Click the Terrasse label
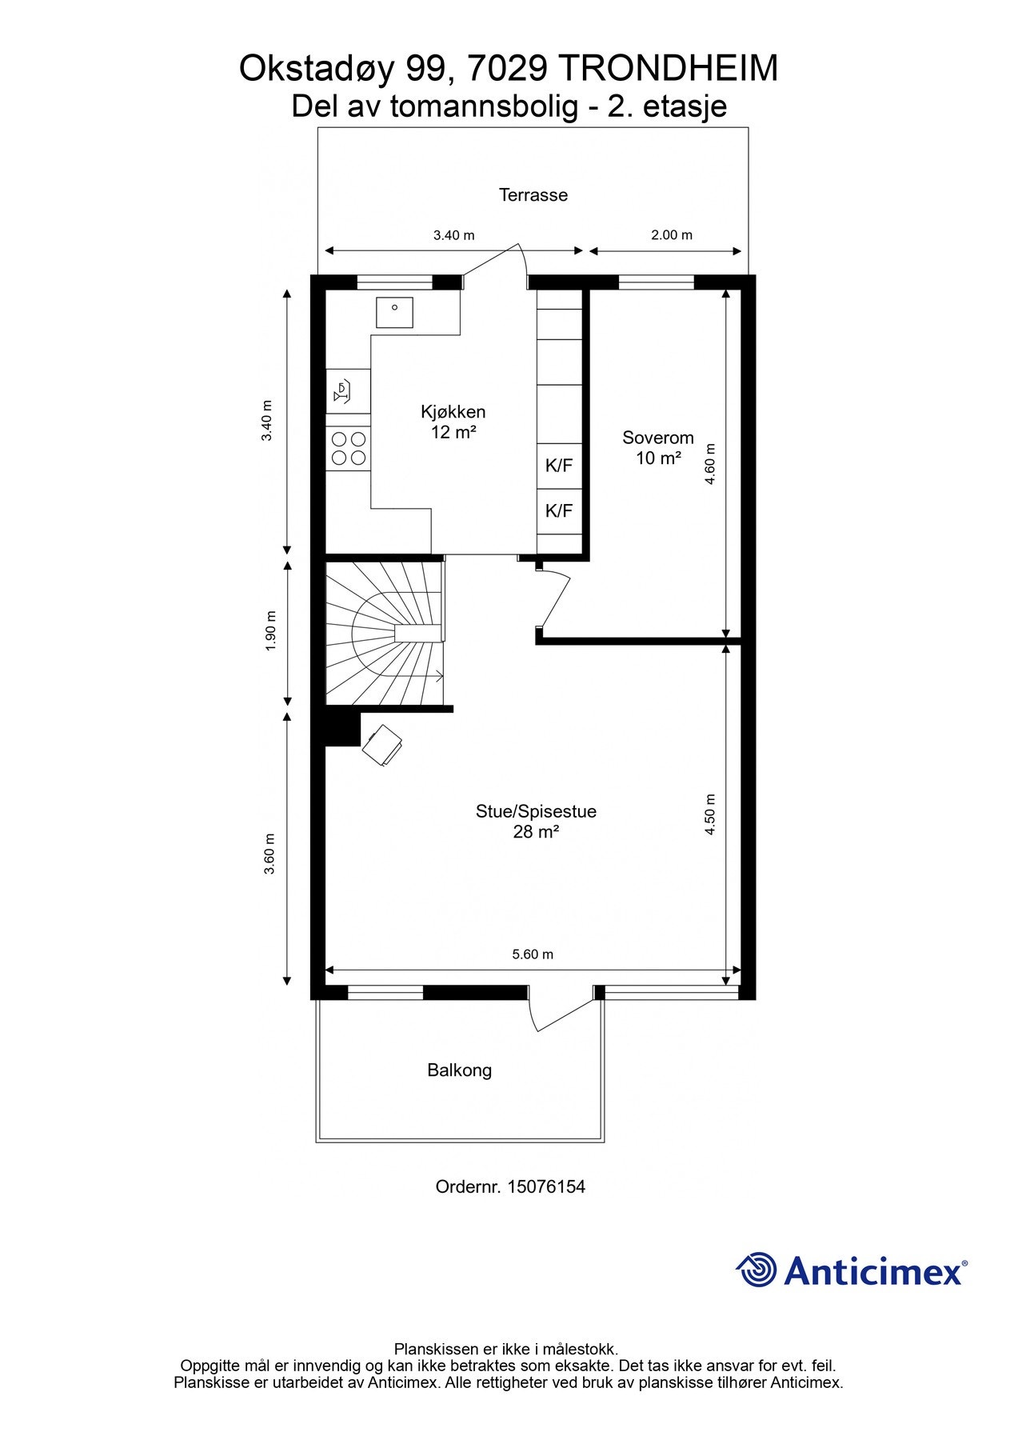pyautogui.click(x=533, y=194)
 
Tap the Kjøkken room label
pyautogui.click(x=453, y=413)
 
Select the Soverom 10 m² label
pyautogui.click(x=657, y=447)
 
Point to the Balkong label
pyautogui.click(x=459, y=1070)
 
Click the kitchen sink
pyautogui.click(x=394, y=312)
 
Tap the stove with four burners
pyautogui.click(x=349, y=448)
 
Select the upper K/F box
pyautogui.click(x=558, y=466)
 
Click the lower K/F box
pyautogui.click(x=558, y=510)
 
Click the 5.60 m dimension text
pyautogui.click(x=533, y=954)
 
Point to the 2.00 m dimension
pyautogui.click(x=671, y=235)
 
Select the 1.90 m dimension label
pyautogui.click(x=270, y=632)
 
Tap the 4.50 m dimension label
pyautogui.click(x=709, y=814)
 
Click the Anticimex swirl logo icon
pyautogui.click(x=757, y=1270)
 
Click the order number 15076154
pyautogui.click(x=546, y=1186)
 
